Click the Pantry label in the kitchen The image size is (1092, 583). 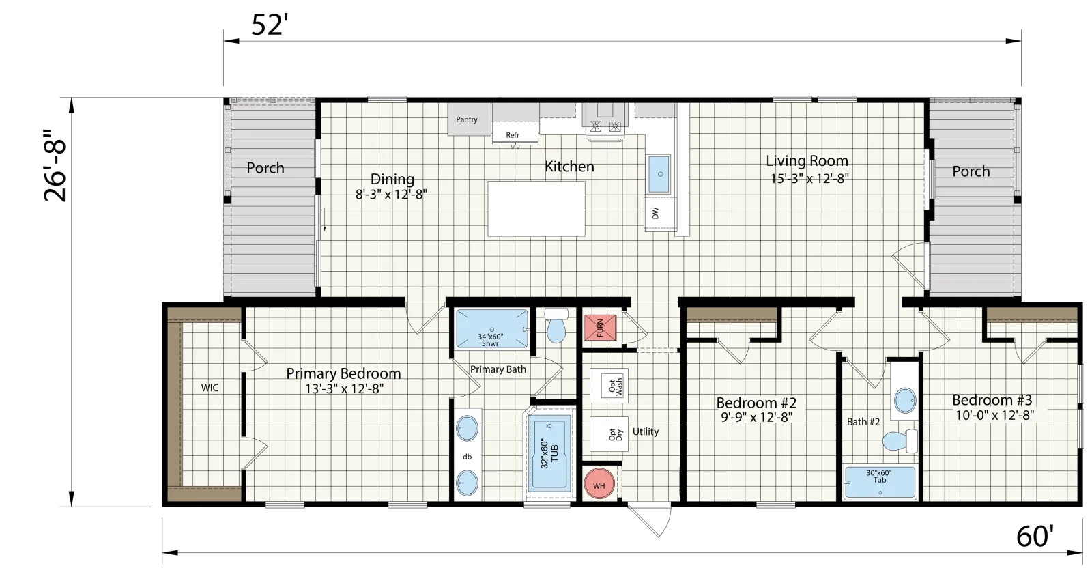click(x=467, y=120)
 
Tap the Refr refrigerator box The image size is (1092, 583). click(x=513, y=134)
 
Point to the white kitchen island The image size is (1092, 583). click(x=536, y=209)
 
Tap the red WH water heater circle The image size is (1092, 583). click(x=599, y=485)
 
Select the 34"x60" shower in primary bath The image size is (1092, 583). click(x=491, y=330)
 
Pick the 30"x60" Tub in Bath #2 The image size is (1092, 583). click(x=879, y=482)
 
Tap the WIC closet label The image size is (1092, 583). click(x=210, y=388)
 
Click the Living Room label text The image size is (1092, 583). click(x=807, y=161)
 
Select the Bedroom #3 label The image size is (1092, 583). click(x=992, y=400)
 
